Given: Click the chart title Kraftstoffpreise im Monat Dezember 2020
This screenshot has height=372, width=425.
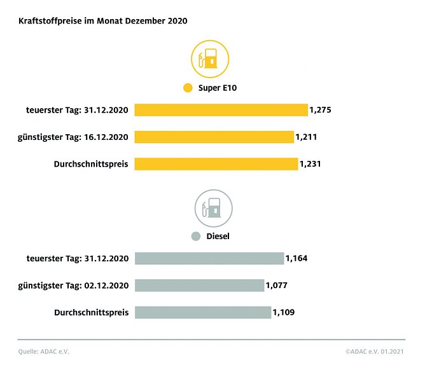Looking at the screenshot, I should pyautogui.click(x=102, y=21).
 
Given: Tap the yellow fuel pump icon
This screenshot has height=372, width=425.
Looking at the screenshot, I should pyautogui.click(x=210, y=60).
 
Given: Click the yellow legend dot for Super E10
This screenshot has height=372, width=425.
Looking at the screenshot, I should pyautogui.click(x=188, y=88).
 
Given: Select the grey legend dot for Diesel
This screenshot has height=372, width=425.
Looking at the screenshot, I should pyautogui.click(x=197, y=236).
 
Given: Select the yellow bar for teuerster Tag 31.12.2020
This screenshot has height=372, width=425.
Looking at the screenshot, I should pyautogui.click(x=221, y=110).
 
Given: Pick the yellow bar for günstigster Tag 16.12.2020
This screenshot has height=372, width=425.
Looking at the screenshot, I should pyautogui.click(x=214, y=137).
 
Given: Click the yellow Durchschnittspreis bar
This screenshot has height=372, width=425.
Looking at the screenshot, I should pyautogui.click(x=216, y=164).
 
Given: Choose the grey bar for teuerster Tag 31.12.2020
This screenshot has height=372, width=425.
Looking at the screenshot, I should pyautogui.click(x=209, y=258).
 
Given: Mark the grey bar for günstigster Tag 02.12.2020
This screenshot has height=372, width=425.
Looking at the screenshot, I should pyautogui.click(x=199, y=286).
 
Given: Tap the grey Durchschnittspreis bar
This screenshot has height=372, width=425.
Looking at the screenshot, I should pyautogui.click(x=203, y=312).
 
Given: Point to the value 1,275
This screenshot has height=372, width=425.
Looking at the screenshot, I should pyautogui.click(x=321, y=110).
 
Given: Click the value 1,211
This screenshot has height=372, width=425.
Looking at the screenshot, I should pyautogui.click(x=307, y=137).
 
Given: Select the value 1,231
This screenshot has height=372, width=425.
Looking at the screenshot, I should pyautogui.click(x=310, y=164).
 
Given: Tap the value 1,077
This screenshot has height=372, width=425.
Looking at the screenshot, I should pyautogui.click(x=277, y=286).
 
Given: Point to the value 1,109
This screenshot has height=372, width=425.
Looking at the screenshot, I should pyautogui.click(x=284, y=312).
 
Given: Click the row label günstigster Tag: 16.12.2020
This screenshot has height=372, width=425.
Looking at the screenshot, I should pyautogui.click(x=74, y=137).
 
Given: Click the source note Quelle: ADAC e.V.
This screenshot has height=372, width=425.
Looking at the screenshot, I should pyautogui.click(x=43, y=351).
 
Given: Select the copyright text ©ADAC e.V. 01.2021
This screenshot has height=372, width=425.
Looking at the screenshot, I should pyautogui.click(x=375, y=351).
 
